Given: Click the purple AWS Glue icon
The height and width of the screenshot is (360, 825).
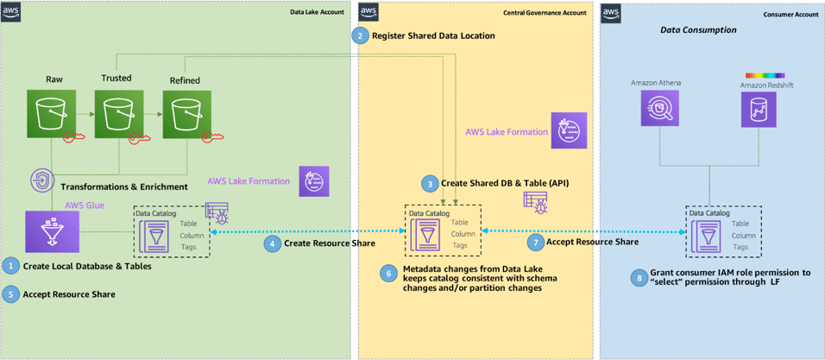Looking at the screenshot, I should click(x=52, y=232).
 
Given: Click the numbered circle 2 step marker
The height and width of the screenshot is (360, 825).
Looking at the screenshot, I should click(x=359, y=35).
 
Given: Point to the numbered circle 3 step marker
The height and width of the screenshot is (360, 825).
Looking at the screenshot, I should click(x=429, y=183).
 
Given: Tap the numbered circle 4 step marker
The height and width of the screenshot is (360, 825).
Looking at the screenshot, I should click(x=272, y=243).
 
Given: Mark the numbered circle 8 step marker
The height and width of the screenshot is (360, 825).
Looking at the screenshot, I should click(x=639, y=278).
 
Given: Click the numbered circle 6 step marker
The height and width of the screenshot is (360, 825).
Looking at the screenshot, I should click(x=388, y=272).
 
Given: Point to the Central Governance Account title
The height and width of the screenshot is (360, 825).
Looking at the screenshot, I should click(x=545, y=12).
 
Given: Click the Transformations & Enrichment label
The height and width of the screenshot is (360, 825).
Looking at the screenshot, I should click(x=123, y=186).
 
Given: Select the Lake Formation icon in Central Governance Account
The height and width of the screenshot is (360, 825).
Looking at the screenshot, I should click(x=570, y=130).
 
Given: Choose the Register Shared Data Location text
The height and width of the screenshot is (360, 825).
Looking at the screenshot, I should click(x=433, y=36).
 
